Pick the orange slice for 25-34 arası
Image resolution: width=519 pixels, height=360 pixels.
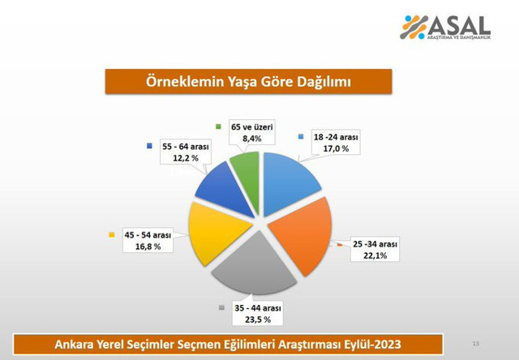(300, 231)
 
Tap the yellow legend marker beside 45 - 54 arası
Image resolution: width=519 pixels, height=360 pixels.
(110, 235)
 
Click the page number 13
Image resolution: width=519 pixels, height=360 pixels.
(476, 344)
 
